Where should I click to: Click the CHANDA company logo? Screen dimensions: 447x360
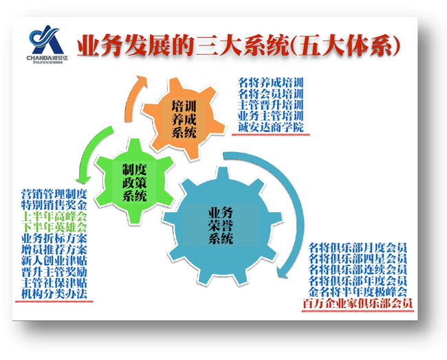[47, 44]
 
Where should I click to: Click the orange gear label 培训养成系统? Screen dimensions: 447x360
[184, 120]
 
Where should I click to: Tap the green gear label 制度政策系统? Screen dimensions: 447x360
[135, 182]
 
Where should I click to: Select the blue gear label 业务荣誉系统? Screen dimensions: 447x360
[221, 225]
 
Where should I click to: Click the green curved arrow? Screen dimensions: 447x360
[91, 151]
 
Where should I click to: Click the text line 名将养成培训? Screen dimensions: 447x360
[270, 83]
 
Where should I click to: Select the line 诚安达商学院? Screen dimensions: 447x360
[270, 127]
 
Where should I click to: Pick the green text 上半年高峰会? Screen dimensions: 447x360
[54, 216]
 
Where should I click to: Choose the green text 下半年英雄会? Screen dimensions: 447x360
[54, 227]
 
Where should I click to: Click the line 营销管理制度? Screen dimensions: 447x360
[54, 194]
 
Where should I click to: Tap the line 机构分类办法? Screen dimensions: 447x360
[54, 294]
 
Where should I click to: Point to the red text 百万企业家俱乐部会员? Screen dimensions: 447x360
[357, 304]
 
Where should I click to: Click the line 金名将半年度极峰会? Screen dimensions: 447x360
[358, 292]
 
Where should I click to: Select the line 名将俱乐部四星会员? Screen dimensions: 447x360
[358, 259]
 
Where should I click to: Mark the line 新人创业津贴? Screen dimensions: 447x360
[54, 261]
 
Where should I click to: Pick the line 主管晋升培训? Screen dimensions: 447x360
[270, 105]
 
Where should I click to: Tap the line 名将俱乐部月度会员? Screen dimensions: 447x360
[358, 248]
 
